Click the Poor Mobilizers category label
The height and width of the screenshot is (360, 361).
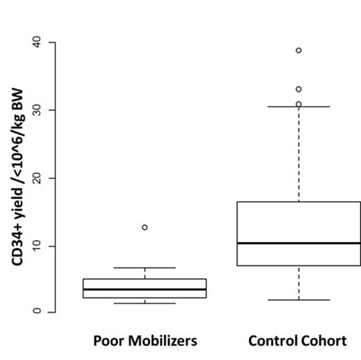145,341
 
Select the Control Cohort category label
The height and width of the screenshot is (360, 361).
297,341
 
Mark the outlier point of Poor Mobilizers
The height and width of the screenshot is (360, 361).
144,228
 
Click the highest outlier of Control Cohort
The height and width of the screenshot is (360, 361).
299,51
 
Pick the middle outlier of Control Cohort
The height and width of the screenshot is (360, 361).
299,89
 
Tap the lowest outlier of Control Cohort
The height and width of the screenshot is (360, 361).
299,104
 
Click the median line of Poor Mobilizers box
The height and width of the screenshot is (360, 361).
144,289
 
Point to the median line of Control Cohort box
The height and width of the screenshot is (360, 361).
299,243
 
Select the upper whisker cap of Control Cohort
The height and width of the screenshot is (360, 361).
299,107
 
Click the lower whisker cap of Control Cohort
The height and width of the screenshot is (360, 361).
299,300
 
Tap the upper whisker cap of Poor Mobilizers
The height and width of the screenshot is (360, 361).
144,268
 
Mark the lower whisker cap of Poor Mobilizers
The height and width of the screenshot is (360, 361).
144,303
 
